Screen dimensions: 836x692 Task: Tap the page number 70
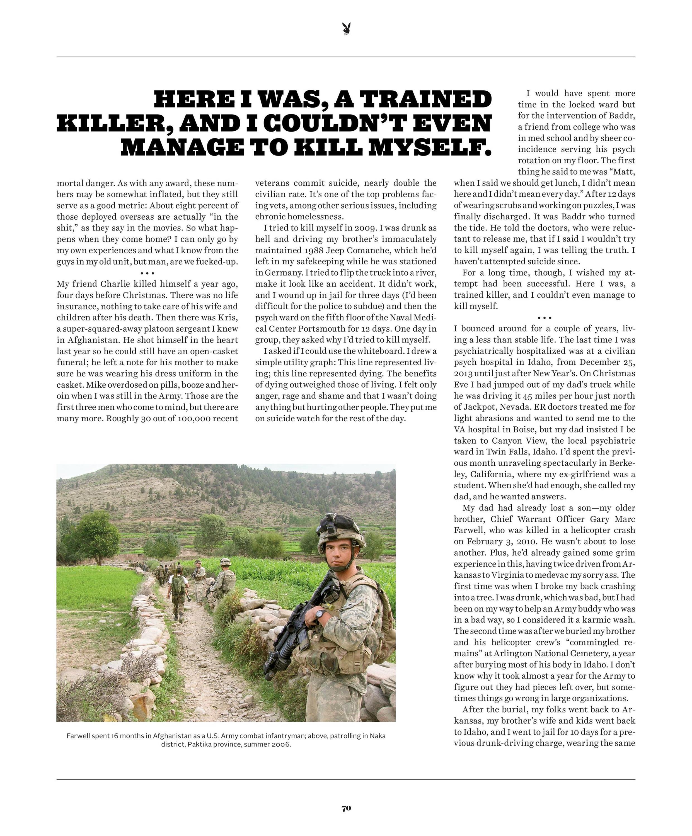(346, 808)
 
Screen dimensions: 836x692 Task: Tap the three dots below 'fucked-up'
(147, 273)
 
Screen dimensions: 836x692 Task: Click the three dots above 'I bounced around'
(544, 318)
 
